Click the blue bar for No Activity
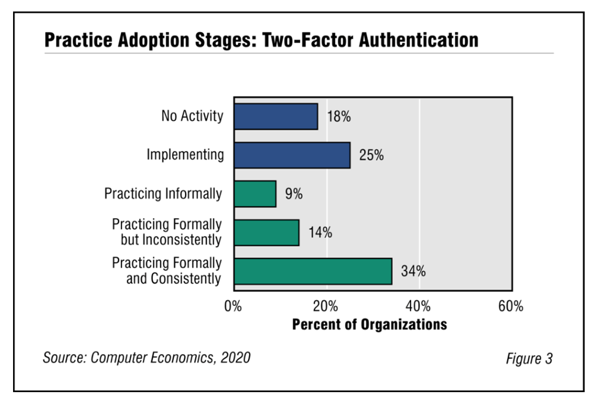pos(275,116)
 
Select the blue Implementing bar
pos(292,155)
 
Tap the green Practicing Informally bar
pos(254,194)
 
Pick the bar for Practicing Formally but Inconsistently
pos(266,232)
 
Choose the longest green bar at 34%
pos(312,271)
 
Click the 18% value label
pos(339,117)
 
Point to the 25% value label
pos(371,156)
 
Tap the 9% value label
pos(294,194)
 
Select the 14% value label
pos(319,233)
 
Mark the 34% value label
pos(413,272)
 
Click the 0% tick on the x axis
pos(233,306)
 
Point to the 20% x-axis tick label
pos(327,306)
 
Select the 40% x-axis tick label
pos(419,306)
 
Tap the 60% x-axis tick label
pos(511,306)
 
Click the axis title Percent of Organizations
pos(369,325)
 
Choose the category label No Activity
pos(192,116)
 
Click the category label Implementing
pos(185,155)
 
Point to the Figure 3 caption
pos(529,359)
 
